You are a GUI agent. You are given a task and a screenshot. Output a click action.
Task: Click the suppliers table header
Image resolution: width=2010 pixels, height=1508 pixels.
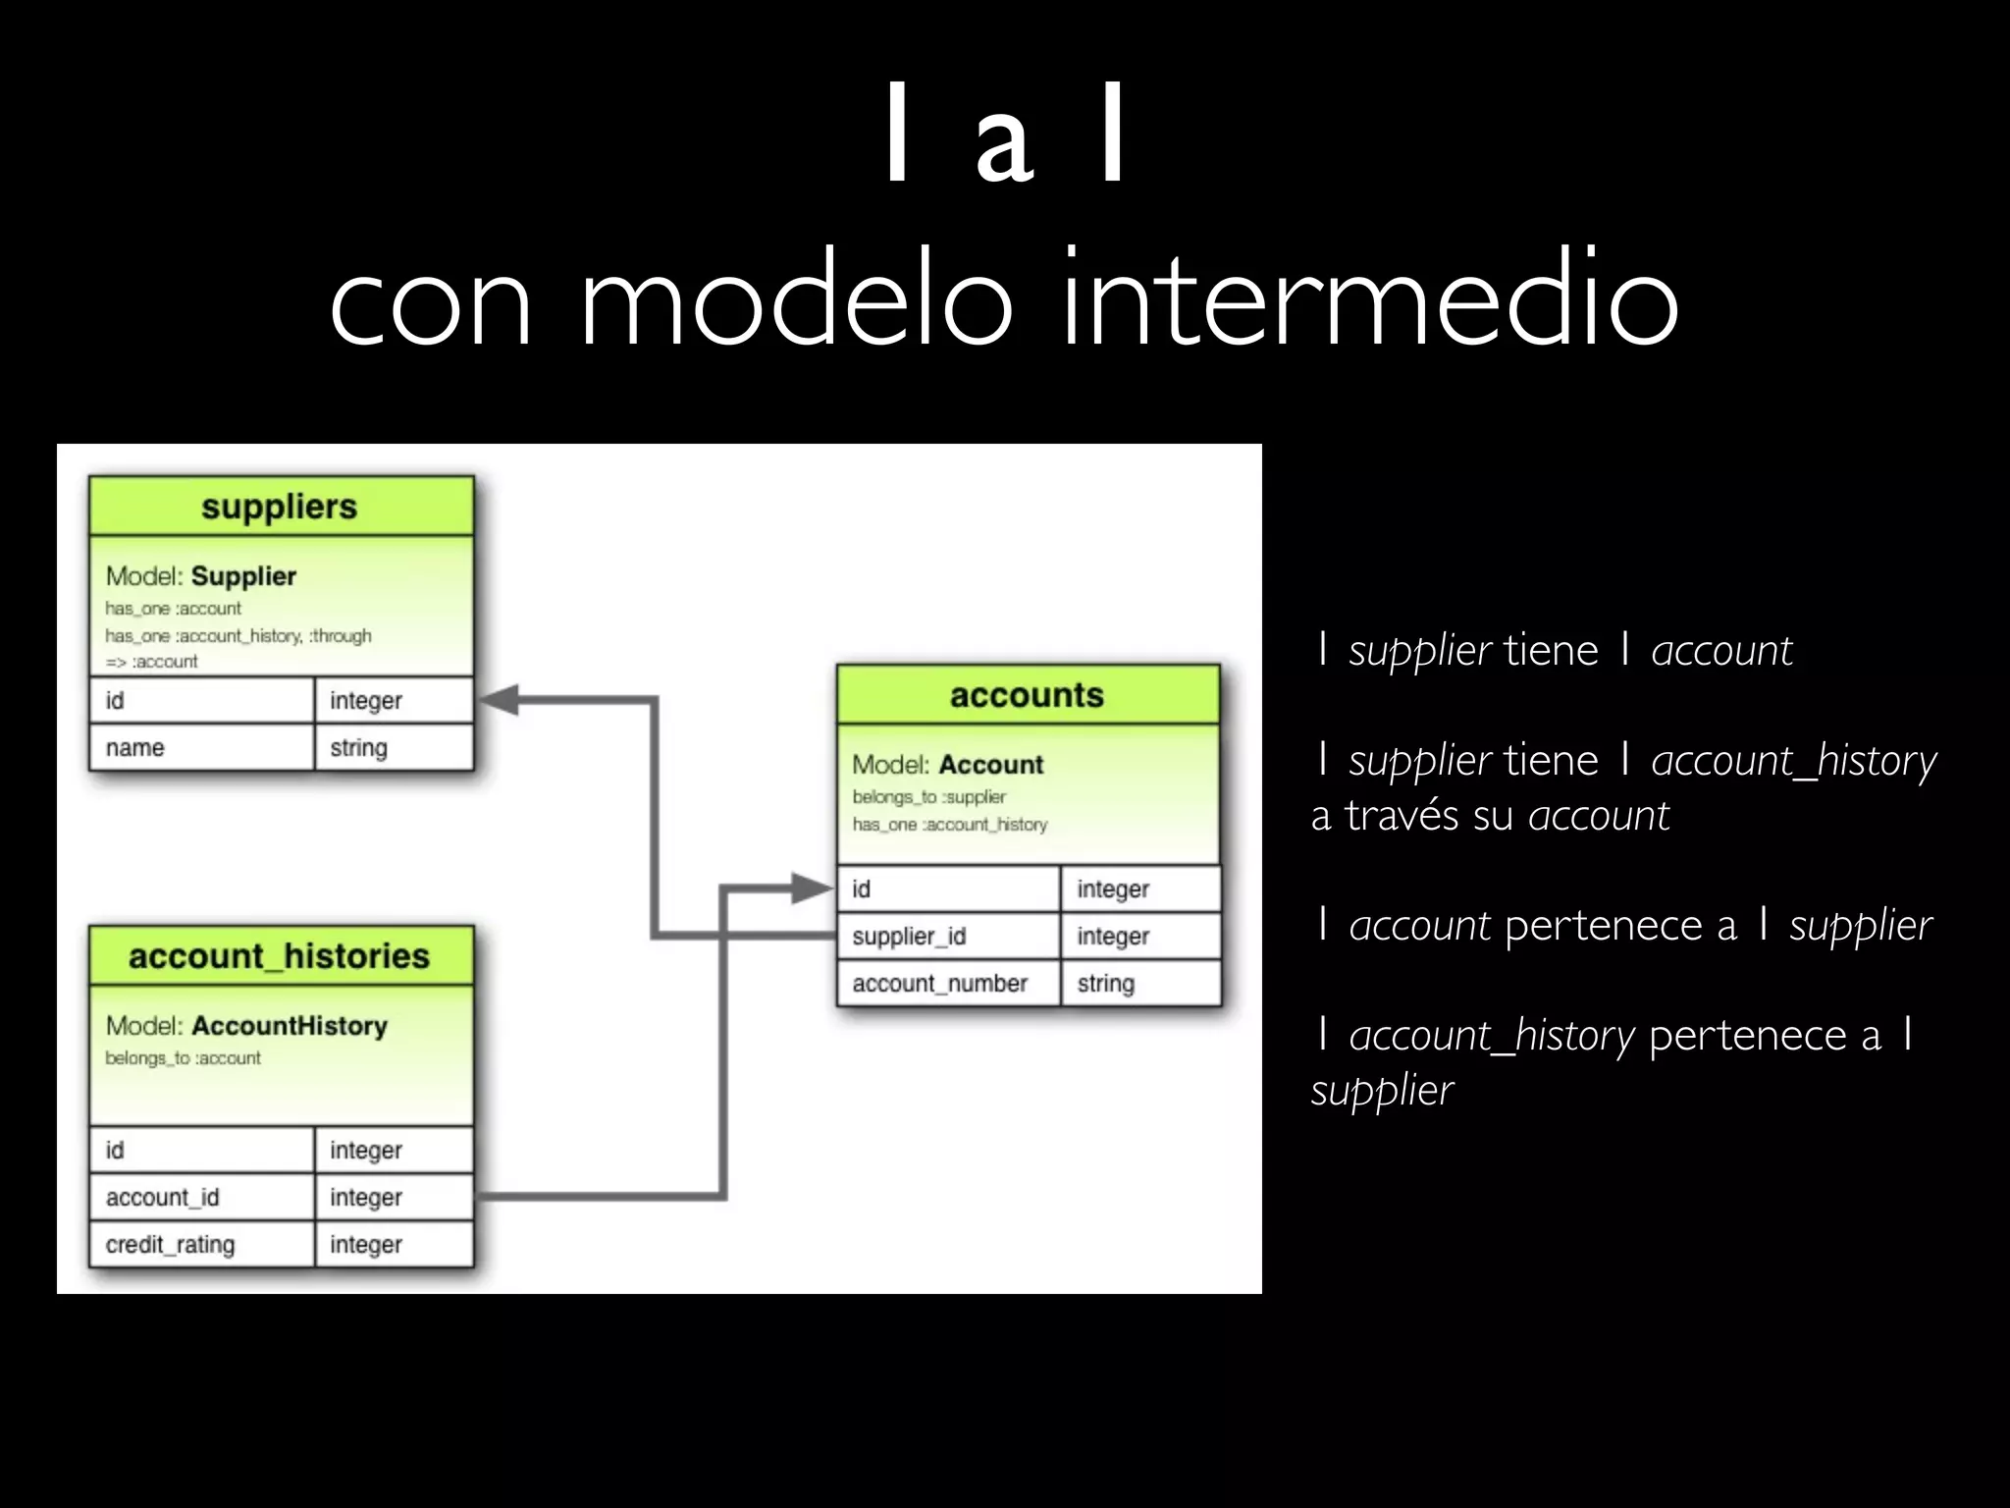click(x=280, y=507)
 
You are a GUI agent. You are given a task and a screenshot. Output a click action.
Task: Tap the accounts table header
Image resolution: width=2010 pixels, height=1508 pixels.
click(x=1027, y=695)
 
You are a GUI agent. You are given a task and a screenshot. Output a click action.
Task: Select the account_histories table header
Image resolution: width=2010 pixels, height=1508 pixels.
click(x=280, y=956)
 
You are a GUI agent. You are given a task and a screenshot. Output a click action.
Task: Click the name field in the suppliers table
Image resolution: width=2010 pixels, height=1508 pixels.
click(x=201, y=748)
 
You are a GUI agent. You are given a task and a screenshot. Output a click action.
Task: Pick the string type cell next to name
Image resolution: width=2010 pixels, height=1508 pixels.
click(x=394, y=748)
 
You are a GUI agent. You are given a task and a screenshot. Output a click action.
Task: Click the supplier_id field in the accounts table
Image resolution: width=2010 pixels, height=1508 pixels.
click(x=947, y=937)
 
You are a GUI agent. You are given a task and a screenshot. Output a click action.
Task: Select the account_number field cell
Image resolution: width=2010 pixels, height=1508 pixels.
click(x=947, y=984)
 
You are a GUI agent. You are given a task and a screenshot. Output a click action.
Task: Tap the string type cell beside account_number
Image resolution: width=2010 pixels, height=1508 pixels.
click(x=1139, y=984)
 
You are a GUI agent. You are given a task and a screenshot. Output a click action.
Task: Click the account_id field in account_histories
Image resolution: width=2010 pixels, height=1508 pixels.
click(x=201, y=1198)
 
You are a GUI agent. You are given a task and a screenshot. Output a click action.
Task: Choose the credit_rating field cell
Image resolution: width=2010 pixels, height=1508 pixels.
click(x=201, y=1245)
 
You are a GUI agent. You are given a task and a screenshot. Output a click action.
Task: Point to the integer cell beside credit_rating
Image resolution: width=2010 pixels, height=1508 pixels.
click(x=394, y=1245)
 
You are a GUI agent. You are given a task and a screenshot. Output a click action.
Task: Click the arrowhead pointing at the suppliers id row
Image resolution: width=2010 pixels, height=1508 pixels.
click(x=499, y=700)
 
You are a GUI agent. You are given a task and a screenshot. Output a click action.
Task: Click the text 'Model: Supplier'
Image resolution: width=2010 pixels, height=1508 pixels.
click(x=201, y=576)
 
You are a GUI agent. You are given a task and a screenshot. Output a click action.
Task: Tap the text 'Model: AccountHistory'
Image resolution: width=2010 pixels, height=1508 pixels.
click(x=246, y=1026)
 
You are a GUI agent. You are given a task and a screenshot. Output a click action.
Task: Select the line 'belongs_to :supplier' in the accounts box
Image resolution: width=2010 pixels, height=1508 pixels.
click(x=928, y=797)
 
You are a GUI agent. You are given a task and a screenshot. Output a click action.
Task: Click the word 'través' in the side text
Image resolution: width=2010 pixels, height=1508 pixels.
click(x=1402, y=816)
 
